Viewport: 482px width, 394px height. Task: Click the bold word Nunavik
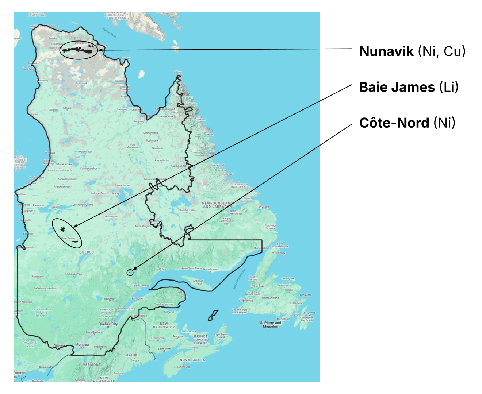pyautogui.click(x=386, y=51)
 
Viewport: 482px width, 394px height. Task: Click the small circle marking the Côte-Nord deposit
pyautogui.click(x=130, y=272)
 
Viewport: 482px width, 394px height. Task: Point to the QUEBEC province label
pyautogui.click(x=87, y=252)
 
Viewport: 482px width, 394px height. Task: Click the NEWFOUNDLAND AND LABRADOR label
pyautogui.click(x=217, y=205)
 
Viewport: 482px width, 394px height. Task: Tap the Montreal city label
pyautogui.click(x=82, y=345)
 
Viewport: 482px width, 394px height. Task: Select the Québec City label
pyautogui.click(x=108, y=324)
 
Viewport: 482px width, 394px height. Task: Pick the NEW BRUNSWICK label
pyautogui.click(x=164, y=325)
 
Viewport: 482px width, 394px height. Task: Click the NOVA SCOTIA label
pyautogui.click(x=192, y=360)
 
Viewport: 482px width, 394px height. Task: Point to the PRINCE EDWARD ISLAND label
pyautogui.click(x=201, y=340)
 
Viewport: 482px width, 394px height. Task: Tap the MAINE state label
pyautogui.click(x=131, y=355)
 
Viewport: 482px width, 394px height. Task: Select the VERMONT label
pyautogui.click(x=92, y=364)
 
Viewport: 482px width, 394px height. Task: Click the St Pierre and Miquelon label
pyautogui.click(x=271, y=325)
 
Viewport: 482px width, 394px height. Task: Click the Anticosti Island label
pyautogui.click(x=198, y=282)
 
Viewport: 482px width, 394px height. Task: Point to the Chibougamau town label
pyautogui.click(x=74, y=274)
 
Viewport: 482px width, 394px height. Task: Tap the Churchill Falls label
pyautogui.click(x=186, y=210)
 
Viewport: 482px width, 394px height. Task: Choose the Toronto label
pyautogui.click(x=20, y=373)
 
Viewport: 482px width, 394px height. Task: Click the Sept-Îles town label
pyautogui.click(x=161, y=269)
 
